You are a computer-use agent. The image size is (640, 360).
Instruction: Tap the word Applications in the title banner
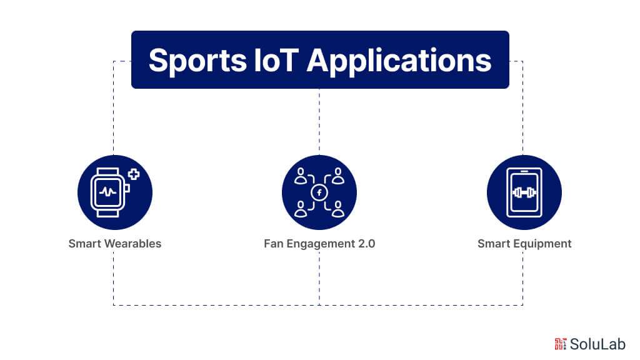[x=399, y=61]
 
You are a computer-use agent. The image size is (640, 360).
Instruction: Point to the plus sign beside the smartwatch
[x=133, y=174]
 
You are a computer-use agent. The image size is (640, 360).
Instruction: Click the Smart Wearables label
[x=115, y=244]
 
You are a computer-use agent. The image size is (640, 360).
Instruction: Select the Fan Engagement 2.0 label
[x=319, y=244]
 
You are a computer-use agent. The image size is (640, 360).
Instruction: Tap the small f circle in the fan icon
[x=319, y=192]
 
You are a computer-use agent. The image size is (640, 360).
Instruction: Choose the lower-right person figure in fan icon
[x=338, y=209]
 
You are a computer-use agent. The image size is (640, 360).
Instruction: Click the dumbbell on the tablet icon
[x=524, y=192]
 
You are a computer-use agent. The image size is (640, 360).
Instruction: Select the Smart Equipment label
[x=524, y=244]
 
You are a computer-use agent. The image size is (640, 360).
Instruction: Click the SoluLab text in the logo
[x=597, y=344]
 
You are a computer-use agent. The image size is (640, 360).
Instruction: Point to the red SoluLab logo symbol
[x=560, y=343]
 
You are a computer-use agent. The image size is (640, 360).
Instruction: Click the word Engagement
[x=317, y=244]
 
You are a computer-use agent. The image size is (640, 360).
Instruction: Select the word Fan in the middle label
[x=274, y=244]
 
